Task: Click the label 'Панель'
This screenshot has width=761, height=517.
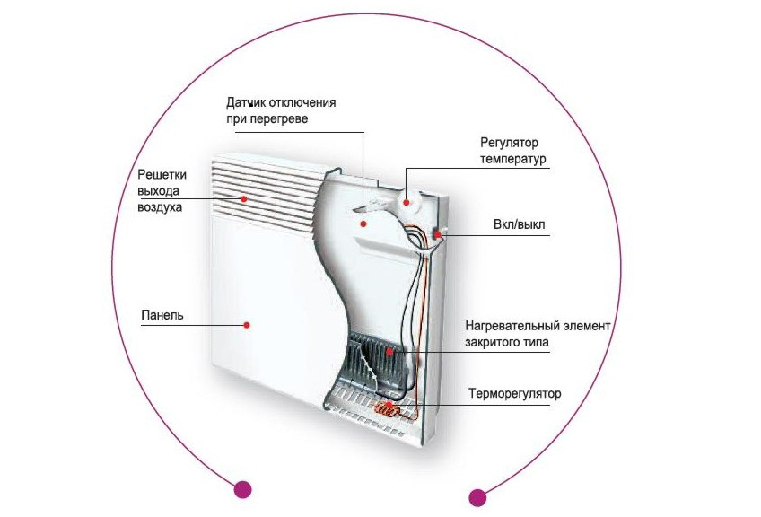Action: click(x=162, y=315)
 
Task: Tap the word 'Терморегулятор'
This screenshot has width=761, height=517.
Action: click(x=514, y=394)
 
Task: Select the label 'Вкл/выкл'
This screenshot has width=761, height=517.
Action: click(x=516, y=226)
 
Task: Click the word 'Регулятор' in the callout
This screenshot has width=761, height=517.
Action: click(x=508, y=143)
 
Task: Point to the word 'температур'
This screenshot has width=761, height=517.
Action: click(x=513, y=160)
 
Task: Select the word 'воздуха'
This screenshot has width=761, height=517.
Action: click(x=160, y=207)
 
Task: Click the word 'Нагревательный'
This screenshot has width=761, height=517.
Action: click(x=510, y=325)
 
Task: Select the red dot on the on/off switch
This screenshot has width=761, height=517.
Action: click(x=439, y=235)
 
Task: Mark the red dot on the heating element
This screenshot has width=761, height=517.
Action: click(x=391, y=354)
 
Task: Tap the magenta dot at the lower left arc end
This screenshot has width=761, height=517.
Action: click(x=241, y=489)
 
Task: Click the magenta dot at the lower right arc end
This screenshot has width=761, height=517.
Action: click(x=477, y=496)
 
